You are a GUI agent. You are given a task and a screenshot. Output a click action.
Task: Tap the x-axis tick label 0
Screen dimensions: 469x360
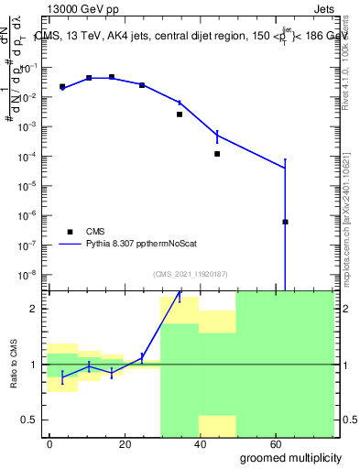(49, 442)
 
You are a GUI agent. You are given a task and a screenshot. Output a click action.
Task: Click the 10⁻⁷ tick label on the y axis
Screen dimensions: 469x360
(31, 245)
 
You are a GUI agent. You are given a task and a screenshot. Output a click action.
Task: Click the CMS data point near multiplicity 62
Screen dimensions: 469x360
(286, 222)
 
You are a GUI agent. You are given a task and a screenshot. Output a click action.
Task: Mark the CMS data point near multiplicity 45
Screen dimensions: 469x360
(217, 154)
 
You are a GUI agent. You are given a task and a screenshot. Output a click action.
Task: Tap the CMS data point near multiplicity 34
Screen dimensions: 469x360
(180, 115)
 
